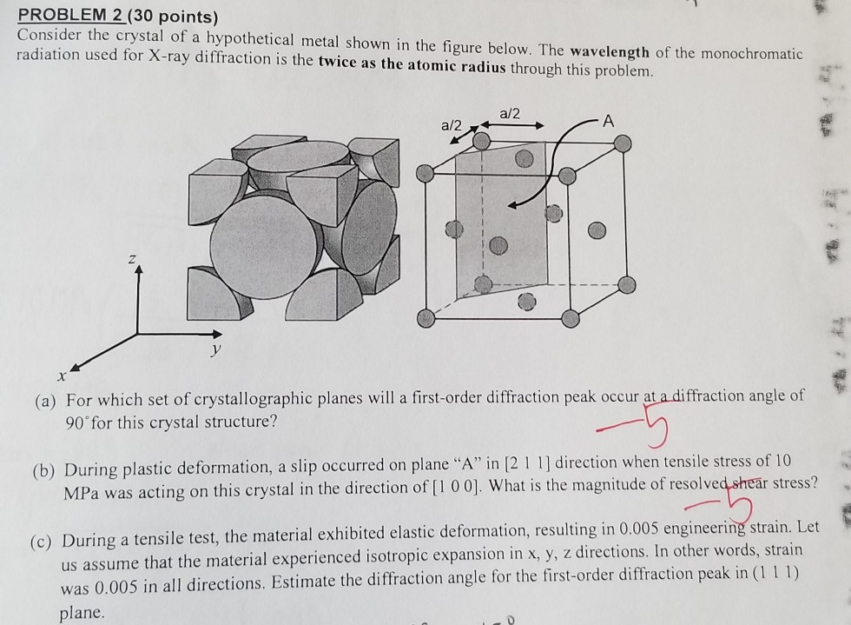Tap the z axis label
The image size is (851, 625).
click(x=133, y=258)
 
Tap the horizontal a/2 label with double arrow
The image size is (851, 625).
click(x=512, y=114)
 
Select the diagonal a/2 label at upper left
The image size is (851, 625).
click(x=454, y=126)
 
